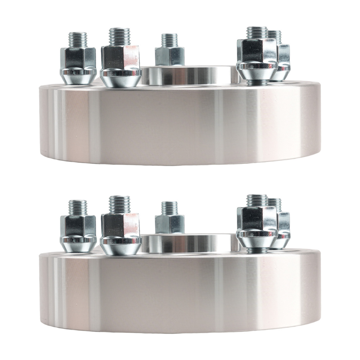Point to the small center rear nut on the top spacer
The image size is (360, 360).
click(170, 56)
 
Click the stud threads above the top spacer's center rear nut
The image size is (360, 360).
click(169, 40)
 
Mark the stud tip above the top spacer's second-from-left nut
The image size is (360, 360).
click(120, 36)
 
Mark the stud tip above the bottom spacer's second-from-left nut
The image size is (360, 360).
click(120, 204)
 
